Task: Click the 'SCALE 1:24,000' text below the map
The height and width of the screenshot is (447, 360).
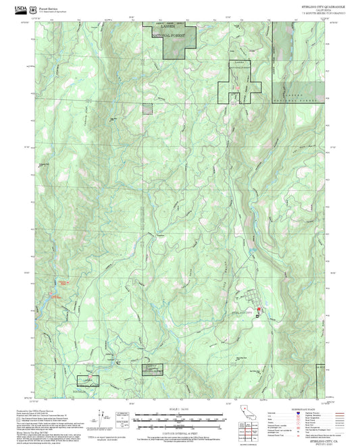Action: coord(179,409)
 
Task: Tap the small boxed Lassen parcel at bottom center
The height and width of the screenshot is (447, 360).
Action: coord(151,369)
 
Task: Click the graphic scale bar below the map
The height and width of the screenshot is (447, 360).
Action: coord(179,414)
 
